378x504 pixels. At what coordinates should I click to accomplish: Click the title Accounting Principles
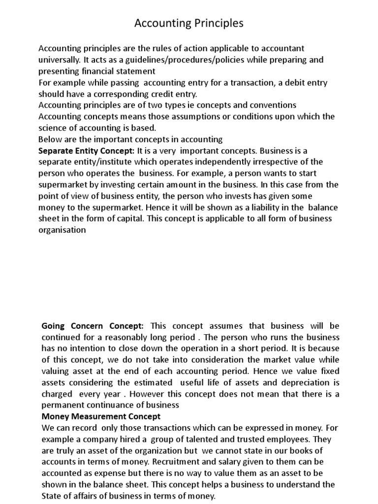coord(189,23)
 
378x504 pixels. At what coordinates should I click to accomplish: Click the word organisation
coord(62,229)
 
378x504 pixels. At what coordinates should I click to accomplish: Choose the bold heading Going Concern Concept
coord(93,325)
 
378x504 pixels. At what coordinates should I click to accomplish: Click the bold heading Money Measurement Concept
coord(98,416)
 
